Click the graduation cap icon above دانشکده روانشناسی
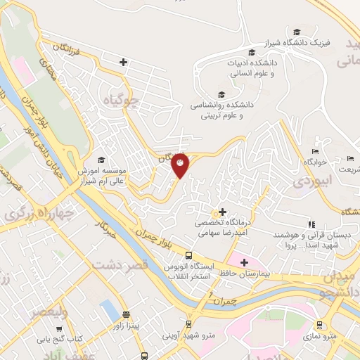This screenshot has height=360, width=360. (x=222, y=95)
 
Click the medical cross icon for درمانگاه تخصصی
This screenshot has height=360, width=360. (x=222, y=211)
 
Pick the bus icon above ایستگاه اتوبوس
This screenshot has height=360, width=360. (x=189, y=256)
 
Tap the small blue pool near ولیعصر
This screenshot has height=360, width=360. (x=108, y=309)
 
